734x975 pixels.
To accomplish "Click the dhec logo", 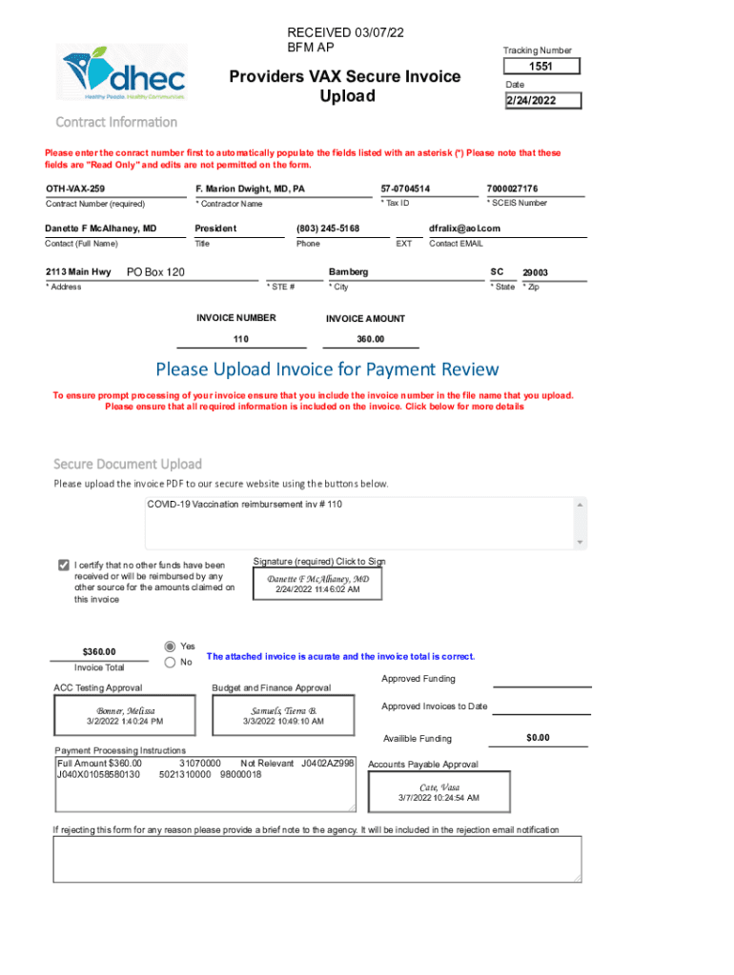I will pyautogui.click(x=124, y=72).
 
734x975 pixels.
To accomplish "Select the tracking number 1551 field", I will pyautogui.click(x=541, y=67).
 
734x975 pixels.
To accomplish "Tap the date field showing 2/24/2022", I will pyautogui.click(x=542, y=101).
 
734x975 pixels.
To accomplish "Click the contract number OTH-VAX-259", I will pyautogui.click(x=75, y=189).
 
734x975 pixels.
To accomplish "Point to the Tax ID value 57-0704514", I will pyautogui.click(x=405, y=189).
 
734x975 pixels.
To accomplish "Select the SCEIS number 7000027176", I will pyautogui.click(x=512, y=189).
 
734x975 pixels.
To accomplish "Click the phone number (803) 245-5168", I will pyautogui.click(x=328, y=229).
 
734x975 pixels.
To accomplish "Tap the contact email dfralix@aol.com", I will pyautogui.click(x=464, y=229).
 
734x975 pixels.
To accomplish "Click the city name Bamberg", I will pyautogui.click(x=348, y=272).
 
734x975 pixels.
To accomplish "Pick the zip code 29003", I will pyautogui.click(x=535, y=273).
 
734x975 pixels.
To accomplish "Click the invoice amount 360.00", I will pyautogui.click(x=370, y=340).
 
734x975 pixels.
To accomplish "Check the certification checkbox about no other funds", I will pyautogui.click(x=64, y=565).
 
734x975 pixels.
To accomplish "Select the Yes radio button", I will pyautogui.click(x=171, y=646).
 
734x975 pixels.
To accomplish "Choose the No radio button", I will pyautogui.click(x=171, y=662).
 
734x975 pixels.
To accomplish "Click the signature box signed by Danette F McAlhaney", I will pyautogui.click(x=317, y=584).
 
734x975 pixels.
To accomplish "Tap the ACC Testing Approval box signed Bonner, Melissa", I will pyautogui.click(x=125, y=716).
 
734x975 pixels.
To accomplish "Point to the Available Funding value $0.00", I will pyautogui.click(x=538, y=738).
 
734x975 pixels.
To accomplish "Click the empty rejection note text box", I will pyautogui.click(x=316, y=859).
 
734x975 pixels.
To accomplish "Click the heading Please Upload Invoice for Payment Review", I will pyautogui.click(x=327, y=369).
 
